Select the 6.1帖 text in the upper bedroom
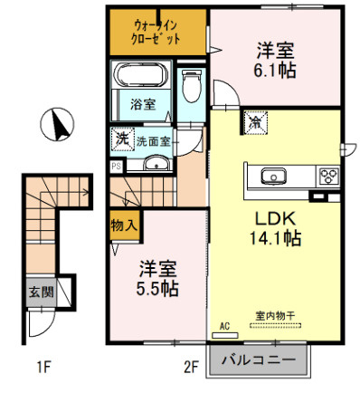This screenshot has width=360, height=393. tap(275, 68)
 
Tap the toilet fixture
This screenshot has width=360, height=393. tap(190, 86)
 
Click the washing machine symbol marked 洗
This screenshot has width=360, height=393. tap(121, 139)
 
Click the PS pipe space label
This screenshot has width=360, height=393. tap(116, 167)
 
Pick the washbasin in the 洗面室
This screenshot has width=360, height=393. tap(156, 163)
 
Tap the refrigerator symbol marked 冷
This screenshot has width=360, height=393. tap(256, 120)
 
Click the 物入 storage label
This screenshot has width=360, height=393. tap(123, 225)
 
